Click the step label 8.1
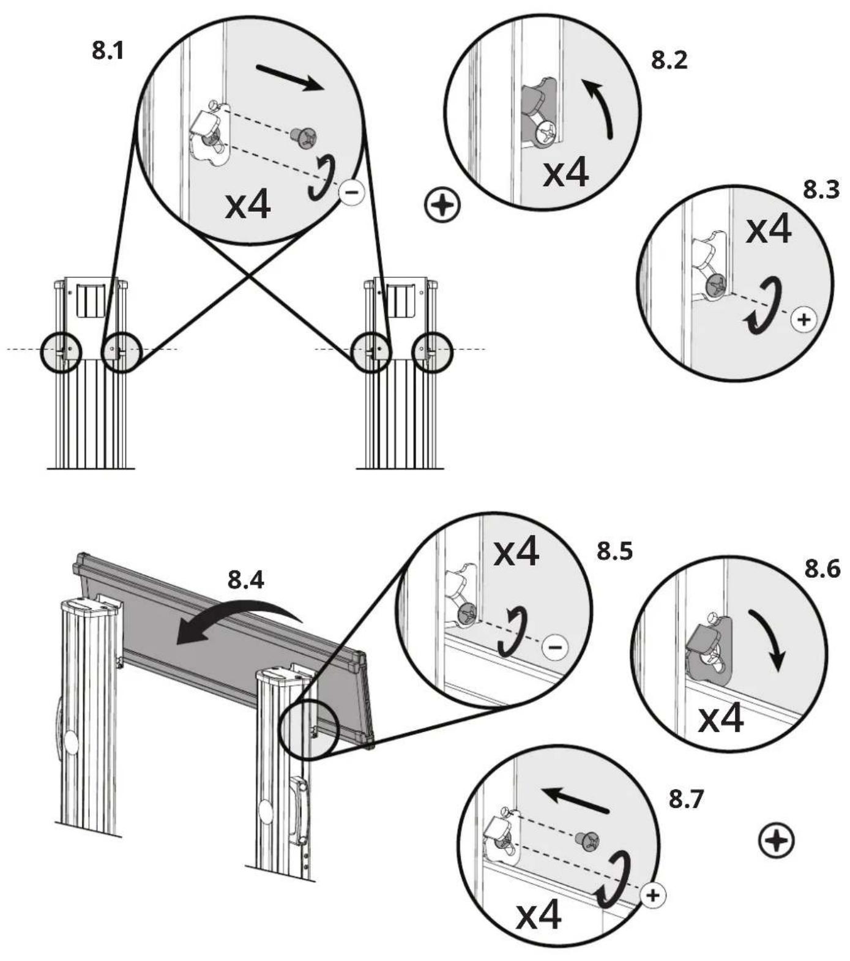pos(108,50)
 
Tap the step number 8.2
pos(669,60)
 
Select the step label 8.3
pos(821,190)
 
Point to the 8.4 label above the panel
pos(246,579)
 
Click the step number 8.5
pos(615,551)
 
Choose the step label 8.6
pos(822,569)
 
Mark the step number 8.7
pos(687,799)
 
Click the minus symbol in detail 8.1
pos(351,192)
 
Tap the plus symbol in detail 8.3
pos(803,319)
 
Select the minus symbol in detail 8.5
pos(555,647)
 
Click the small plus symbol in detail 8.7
pos(653,895)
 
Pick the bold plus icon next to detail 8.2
pos(442,205)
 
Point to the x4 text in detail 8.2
pos(566,173)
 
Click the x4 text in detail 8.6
pos(721,717)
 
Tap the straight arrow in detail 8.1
pos(290,77)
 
